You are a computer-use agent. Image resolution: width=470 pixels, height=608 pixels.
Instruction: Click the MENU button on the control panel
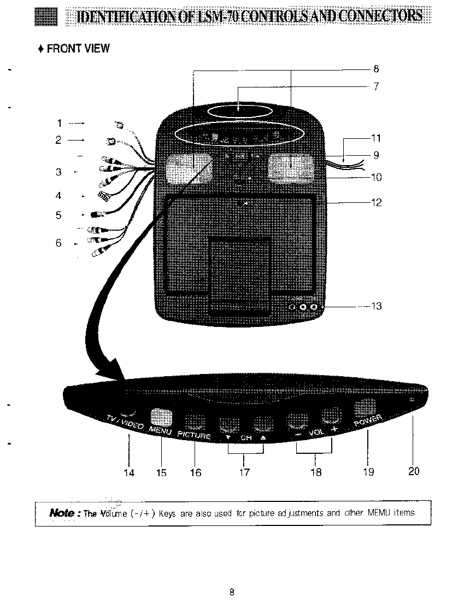[161, 418]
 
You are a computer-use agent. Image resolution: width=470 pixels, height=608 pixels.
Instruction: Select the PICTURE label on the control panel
[194, 435]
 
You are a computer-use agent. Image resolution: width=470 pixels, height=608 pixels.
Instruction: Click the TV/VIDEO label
[125, 422]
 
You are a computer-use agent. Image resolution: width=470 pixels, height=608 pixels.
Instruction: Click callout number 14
[128, 472]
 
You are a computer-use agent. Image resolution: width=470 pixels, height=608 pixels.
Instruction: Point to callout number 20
[414, 471]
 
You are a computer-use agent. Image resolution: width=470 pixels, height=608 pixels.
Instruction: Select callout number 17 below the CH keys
[244, 472]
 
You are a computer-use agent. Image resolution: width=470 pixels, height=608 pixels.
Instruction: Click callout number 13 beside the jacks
[376, 306]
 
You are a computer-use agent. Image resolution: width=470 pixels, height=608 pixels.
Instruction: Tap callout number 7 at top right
[376, 86]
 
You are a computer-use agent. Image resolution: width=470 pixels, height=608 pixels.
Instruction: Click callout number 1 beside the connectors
[60, 123]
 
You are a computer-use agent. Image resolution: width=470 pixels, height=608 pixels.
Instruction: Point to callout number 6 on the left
[58, 243]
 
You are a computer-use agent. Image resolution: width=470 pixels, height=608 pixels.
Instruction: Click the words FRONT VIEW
[78, 49]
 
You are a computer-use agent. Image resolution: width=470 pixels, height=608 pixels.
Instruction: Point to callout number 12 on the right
[376, 203]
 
